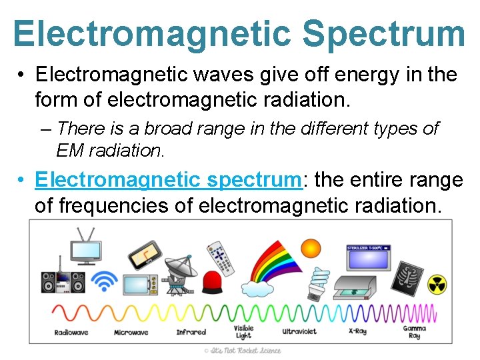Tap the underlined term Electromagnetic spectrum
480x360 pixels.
(168, 180)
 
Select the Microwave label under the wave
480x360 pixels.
(131, 332)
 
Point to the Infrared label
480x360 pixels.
(191, 332)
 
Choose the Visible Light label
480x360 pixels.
(243, 332)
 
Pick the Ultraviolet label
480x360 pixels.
(299, 331)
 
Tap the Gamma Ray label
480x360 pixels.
(415, 332)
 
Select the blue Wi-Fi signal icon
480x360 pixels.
(104, 281)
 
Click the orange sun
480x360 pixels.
(311, 249)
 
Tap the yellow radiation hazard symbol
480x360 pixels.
(437, 284)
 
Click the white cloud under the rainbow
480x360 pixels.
(257, 288)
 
